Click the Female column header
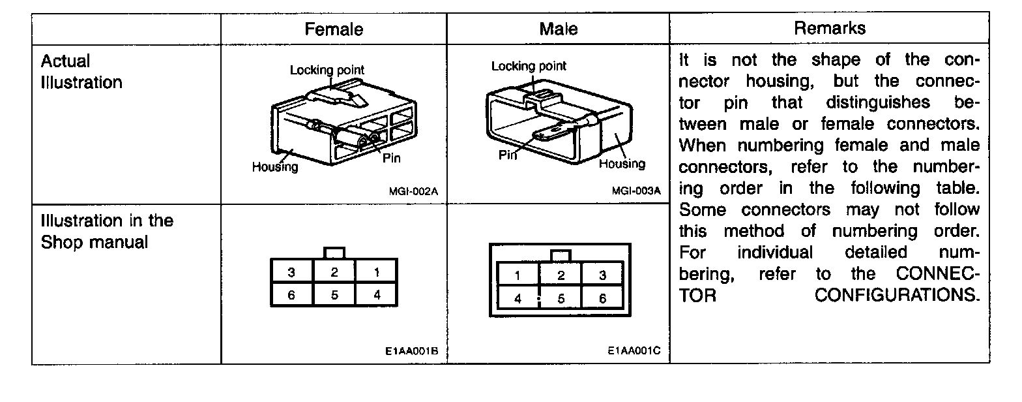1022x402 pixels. (334, 29)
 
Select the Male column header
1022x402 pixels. (559, 29)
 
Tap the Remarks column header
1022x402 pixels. (830, 28)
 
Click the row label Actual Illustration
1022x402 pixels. (81, 72)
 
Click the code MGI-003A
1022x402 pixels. (636, 191)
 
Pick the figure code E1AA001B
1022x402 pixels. (411, 351)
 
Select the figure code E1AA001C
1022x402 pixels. (634, 351)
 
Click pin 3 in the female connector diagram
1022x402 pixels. (291, 272)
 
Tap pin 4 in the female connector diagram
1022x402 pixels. (377, 294)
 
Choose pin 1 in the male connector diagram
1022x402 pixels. (518, 275)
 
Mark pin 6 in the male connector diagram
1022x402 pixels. (602, 298)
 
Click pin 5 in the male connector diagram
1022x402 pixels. (561, 298)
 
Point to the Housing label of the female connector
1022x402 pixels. (274, 167)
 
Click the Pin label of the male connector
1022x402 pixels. (508, 155)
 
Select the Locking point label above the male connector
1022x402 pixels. (529, 66)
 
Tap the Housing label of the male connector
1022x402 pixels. (622, 164)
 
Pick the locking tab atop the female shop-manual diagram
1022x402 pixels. (334, 253)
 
